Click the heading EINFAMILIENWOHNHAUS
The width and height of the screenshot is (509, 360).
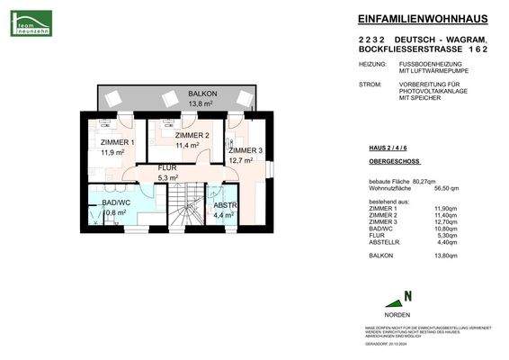pyautogui.click(x=421, y=20)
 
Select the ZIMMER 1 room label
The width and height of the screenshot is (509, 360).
pyautogui.click(x=116, y=143)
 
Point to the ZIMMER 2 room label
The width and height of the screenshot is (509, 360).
pyautogui.click(x=191, y=135)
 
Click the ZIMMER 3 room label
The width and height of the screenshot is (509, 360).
pyautogui.click(x=245, y=150)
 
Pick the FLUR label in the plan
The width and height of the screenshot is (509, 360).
pyautogui.click(x=168, y=168)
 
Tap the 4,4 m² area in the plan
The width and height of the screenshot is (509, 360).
pyautogui.click(x=222, y=216)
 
